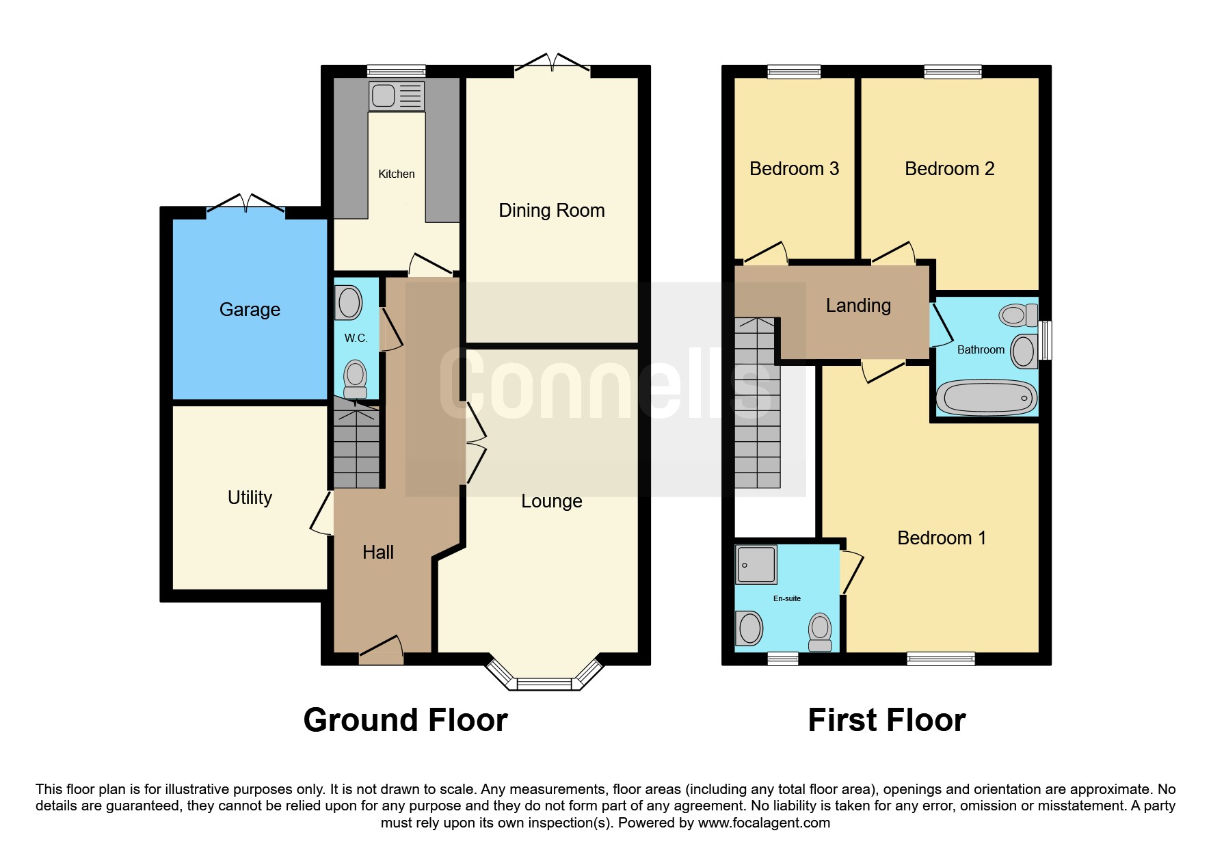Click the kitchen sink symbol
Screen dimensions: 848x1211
point(397,96)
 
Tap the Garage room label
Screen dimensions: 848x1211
point(250,310)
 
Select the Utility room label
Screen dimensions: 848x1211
point(250,498)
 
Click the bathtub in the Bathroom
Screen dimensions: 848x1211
point(986,398)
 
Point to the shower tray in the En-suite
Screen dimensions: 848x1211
point(756,564)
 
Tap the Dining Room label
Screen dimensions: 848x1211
point(551,211)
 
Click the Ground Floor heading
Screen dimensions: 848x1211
point(405,720)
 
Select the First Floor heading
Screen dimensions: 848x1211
point(886,720)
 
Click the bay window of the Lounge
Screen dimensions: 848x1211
point(544,681)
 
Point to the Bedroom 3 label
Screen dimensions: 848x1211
point(794,169)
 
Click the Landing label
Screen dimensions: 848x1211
point(858,306)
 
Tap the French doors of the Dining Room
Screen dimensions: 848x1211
point(552,64)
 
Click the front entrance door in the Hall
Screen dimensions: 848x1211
point(381,650)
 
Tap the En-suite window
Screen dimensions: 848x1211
point(782,659)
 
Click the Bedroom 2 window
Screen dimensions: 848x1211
point(953,71)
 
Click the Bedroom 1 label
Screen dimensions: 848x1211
point(941,538)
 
